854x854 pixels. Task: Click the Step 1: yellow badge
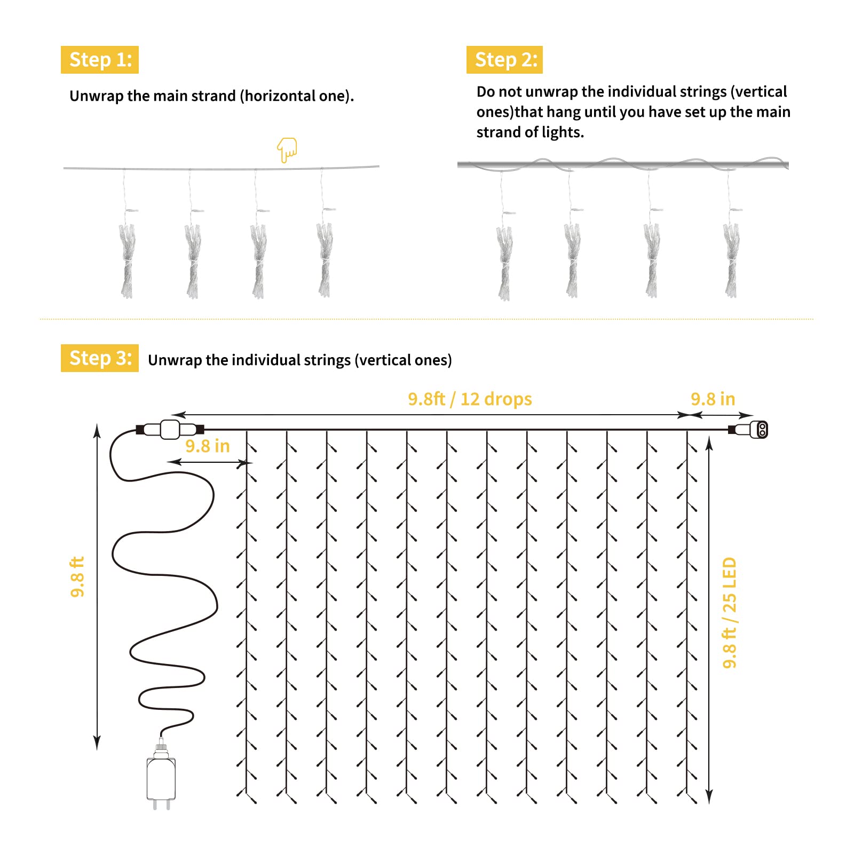(99, 60)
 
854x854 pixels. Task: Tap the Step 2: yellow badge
(504, 60)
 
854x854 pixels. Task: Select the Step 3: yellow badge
(99, 358)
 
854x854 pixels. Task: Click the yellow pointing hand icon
(287, 150)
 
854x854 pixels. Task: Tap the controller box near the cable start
(170, 429)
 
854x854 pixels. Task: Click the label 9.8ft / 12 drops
(470, 399)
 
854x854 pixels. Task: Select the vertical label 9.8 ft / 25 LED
(729, 613)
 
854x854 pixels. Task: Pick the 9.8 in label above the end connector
(713, 399)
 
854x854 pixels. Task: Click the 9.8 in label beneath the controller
(207, 446)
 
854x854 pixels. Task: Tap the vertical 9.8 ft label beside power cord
(77, 577)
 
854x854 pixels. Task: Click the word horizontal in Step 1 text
(280, 96)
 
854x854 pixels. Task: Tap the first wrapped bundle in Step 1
(127, 260)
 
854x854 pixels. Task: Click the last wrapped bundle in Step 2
(731, 260)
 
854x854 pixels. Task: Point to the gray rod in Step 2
(622, 165)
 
